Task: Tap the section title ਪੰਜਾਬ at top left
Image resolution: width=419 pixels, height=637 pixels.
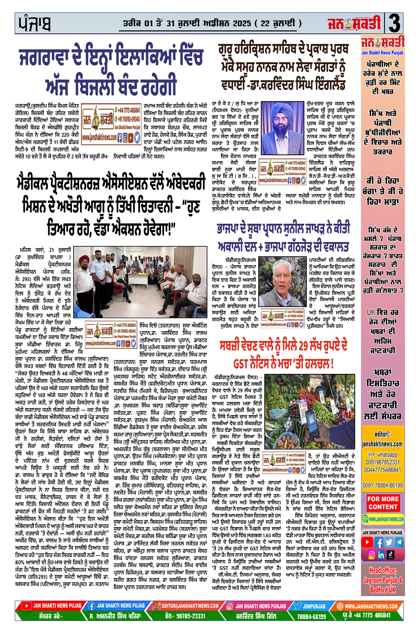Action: pos(34,24)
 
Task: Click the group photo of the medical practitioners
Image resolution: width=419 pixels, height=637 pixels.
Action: pos(141,282)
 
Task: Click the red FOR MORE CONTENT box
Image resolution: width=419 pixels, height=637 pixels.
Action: pos(383,503)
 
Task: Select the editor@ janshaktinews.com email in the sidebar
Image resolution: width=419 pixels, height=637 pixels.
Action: pos(382,439)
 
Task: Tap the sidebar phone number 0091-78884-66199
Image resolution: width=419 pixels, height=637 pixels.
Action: pos(382,485)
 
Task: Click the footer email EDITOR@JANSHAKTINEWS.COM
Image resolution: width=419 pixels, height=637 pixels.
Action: pos(190,606)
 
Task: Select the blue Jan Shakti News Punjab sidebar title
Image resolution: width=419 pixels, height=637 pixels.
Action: pos(382,53)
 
